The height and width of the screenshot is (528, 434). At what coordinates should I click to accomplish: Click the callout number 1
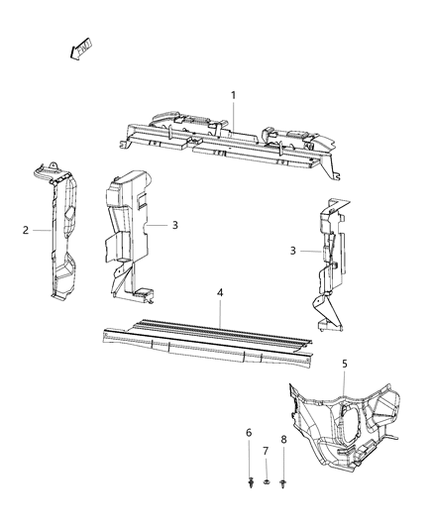click(233, 95)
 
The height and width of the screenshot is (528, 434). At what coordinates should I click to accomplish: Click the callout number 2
click(25, 230)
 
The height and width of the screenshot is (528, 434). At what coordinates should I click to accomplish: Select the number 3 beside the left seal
click(174, 225)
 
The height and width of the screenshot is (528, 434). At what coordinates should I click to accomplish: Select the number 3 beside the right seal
click(293, 251)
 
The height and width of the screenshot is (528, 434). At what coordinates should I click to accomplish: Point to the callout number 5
click(344, 364)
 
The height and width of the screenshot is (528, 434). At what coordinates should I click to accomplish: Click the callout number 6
click(249, 433)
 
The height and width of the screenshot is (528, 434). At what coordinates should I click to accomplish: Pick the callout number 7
click(266, 451)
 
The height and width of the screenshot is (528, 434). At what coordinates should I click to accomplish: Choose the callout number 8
click(283, 438)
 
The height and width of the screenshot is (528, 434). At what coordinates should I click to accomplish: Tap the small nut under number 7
click(266, 483)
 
